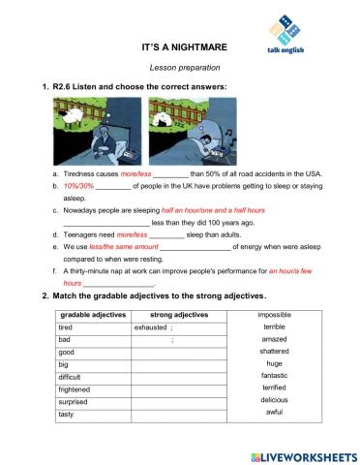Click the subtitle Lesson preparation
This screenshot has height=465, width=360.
click(181, 67)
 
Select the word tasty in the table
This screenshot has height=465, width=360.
click(67, 414)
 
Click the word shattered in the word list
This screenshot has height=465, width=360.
click(274, 352)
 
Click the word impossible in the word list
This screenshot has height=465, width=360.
click(274, 315)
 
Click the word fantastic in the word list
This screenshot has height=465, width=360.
click(274, 376)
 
